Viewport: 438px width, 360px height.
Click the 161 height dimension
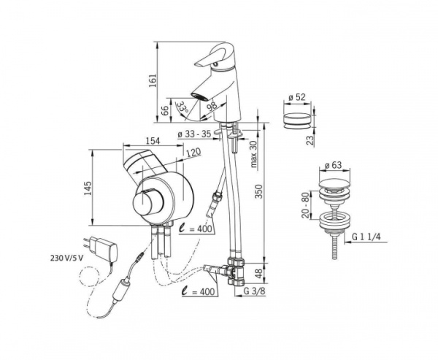[x=153, y=80]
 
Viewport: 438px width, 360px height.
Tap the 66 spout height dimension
[x=166, y=112]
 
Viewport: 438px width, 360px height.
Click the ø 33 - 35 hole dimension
[x=194, y=134]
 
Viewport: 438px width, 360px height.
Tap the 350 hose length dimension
[x=260, y=191]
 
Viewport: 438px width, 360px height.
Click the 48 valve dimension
[x=260, y=274]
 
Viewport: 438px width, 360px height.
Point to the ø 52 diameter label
[x=297, y=97]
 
